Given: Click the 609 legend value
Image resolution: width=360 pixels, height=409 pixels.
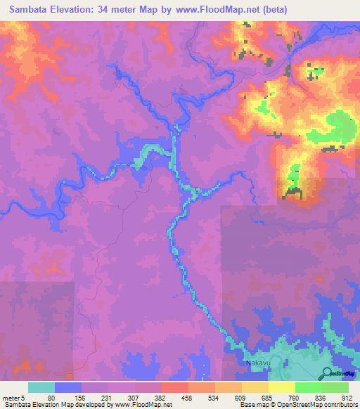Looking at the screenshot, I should coord(240,397).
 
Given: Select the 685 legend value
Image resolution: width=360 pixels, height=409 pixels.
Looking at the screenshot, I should coord(266,397).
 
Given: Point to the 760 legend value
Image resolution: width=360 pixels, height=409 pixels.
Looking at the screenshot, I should coord(293,397).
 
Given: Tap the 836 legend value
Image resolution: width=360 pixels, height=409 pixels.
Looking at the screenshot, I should coord(321,397).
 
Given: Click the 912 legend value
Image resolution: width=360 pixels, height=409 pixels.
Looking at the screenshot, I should coord(347,397).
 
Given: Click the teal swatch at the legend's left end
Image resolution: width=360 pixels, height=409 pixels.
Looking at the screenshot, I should coord(41,387).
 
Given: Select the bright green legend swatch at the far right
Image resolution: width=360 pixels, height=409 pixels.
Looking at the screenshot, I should coord(335,387).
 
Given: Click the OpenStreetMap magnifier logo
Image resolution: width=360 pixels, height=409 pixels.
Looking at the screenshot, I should coord(327,374).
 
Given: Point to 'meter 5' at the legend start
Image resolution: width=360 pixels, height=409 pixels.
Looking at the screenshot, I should coord(14,397).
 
